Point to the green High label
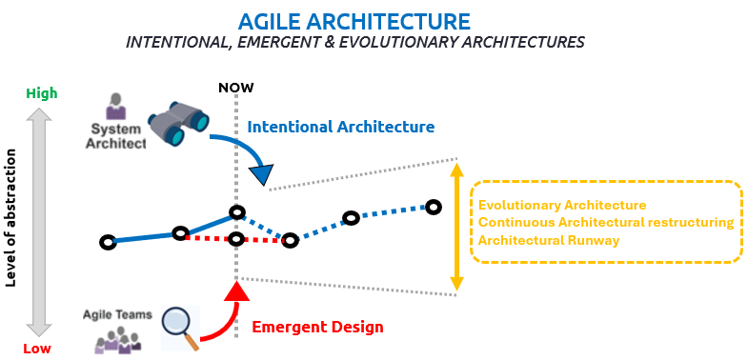tap(41, 93)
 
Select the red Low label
tap(37, 349)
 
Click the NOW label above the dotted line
tap(235, 88)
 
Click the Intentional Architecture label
tap(340, 127)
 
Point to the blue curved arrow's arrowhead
tap(259, 174)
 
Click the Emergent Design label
tap(317, 328)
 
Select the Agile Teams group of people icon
tap(119, 341)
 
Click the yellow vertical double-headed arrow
tap(456, 226)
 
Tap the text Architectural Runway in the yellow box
tap(548, 240)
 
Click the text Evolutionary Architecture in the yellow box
tap(562, 205)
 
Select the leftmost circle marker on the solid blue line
tap(108, 242)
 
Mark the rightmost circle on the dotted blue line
tap(434, 207)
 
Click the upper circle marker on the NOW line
tap(236, 212)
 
